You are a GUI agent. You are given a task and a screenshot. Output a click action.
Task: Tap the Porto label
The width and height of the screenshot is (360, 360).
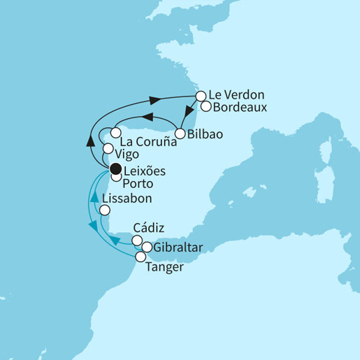click(138, 184)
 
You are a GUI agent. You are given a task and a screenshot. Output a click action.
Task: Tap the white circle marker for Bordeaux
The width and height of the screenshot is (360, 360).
click(206, 106)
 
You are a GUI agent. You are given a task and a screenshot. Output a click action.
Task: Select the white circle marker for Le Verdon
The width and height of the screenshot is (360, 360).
click(201, 96)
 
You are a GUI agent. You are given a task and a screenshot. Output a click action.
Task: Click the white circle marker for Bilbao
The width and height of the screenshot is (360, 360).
click(180, 133)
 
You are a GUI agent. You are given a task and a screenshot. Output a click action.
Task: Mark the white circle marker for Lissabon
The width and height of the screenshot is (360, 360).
click(105, 209)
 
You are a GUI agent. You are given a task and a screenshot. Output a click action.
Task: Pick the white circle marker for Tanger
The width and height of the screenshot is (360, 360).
click(140, 257)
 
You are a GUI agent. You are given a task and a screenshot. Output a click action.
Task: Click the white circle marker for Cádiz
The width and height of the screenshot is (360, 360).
click(137, 240)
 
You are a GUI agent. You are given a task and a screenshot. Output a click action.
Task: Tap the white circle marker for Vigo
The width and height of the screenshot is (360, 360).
click(108, 148)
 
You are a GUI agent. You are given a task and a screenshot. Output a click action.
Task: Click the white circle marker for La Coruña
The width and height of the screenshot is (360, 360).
click(116, 132)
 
